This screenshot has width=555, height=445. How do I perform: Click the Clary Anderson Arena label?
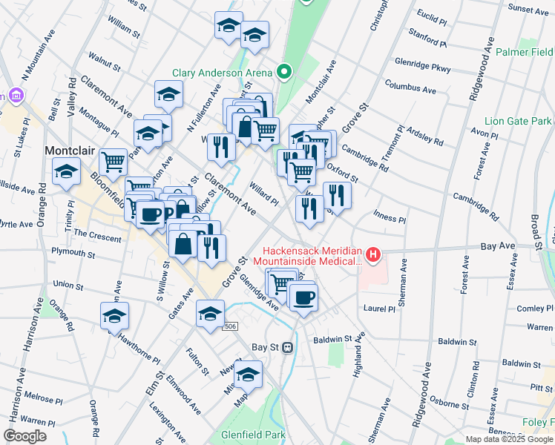tap(223, 73)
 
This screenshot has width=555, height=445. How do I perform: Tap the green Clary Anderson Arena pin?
tap(283, 72)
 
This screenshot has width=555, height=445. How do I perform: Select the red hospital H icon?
tap(373, 257)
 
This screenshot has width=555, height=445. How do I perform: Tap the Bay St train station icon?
tap(288, 346)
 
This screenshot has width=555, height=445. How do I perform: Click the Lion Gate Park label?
tap(518, 121)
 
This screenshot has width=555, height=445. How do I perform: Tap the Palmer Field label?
tap(524, 53)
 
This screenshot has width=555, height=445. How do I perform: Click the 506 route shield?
tap(231, 326)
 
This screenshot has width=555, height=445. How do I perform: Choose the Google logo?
tap(25, 435)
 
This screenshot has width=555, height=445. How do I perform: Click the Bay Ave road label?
tap(497, 244)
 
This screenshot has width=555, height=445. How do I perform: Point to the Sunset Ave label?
tap(528, 9)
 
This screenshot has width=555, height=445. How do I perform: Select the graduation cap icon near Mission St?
tap(249, 373)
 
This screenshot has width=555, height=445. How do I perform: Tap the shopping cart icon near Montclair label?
tap(113, 160)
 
